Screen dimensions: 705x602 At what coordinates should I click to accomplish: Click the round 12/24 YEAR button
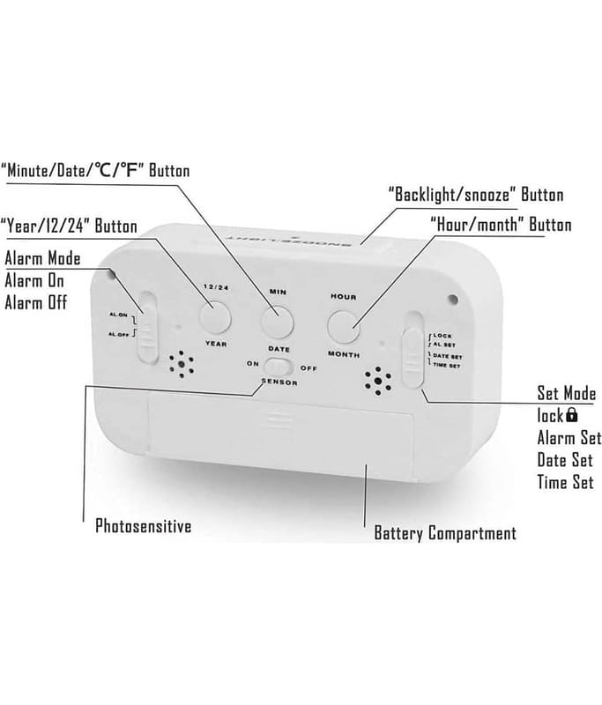(x=214, y=315)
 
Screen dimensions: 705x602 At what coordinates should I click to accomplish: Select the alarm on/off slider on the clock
(x=148, y=327)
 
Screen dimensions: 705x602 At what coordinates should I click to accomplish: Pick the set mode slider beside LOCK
(x=412, y=358)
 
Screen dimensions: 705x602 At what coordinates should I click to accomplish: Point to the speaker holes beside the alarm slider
(x=182, y=364)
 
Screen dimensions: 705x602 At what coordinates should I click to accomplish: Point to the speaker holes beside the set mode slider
(x=378, y=382)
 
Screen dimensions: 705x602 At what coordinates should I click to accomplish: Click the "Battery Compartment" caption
(x=445, y=533)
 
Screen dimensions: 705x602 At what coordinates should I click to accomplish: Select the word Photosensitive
(x=143, y=527)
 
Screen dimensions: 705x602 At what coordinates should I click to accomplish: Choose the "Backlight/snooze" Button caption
(x=475, y=194)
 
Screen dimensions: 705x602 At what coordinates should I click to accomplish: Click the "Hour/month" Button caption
(x=500, y=225)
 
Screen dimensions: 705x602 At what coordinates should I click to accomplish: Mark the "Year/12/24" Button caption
(x=69, y=226)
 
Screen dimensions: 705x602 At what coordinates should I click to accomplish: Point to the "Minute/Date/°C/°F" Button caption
(x=95, y=170)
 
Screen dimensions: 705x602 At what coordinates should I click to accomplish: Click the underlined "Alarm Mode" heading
(x=42, y=258)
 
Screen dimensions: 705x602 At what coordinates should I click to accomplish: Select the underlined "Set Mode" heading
(x=566, y=393)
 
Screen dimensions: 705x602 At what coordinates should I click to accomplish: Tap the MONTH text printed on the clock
(x=344, y=353)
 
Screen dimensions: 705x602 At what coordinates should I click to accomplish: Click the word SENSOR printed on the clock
(x=279, y=383)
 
